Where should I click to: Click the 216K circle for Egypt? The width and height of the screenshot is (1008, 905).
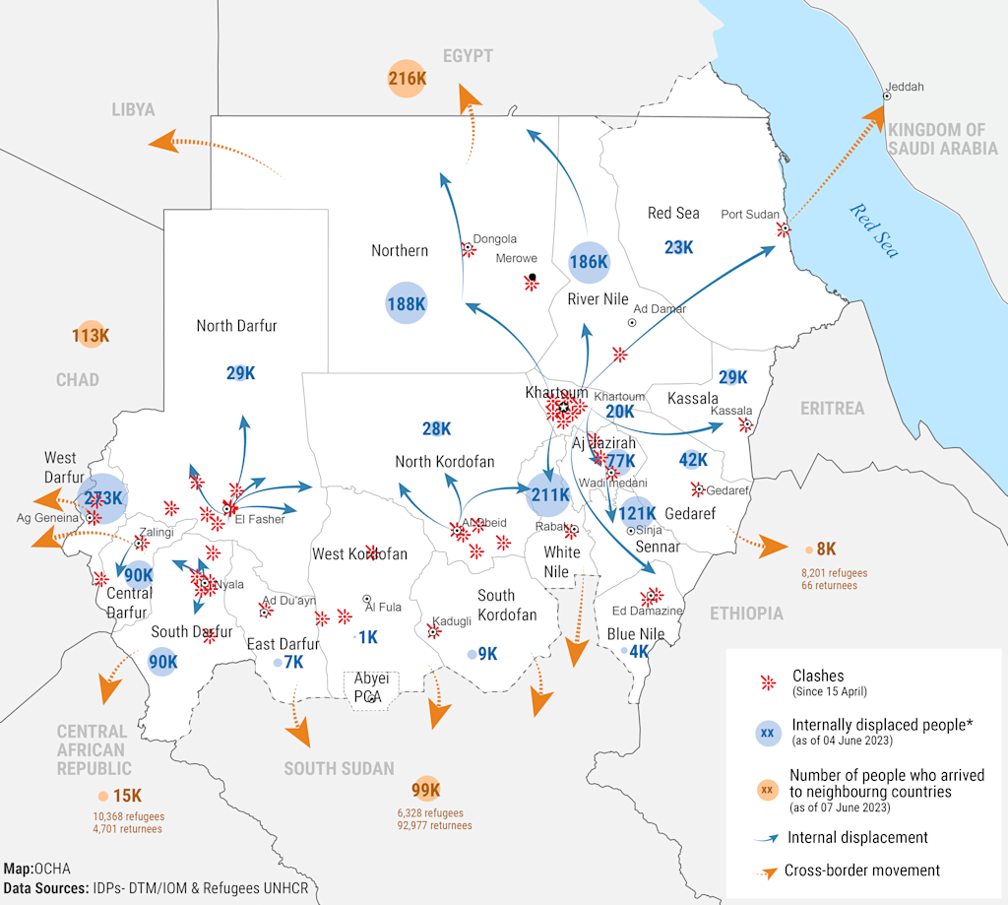pos(407,78)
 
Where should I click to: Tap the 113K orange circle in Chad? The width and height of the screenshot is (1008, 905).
pos(90,336)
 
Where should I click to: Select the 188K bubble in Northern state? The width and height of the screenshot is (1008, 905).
pos(406,304)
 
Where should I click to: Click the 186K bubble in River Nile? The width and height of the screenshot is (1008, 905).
pos(589,262)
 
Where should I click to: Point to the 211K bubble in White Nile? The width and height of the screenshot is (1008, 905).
pos(549,494)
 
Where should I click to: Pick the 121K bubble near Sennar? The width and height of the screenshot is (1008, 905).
pos(638,513)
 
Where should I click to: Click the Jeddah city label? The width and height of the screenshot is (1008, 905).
pos(905,87)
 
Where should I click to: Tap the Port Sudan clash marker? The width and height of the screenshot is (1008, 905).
pos(784,229)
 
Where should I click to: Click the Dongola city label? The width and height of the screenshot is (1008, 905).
pos(494,239)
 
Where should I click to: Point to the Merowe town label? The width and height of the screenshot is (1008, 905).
pos(516,259)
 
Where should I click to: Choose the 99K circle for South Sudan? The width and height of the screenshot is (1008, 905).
pos(425,790)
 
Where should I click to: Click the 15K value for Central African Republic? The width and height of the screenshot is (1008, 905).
pos(127,796)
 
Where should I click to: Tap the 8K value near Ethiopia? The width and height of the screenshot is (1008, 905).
pos(826,549)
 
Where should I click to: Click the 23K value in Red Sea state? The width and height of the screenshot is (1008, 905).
pos(678,247)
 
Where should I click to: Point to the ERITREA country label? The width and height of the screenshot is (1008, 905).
pos(832,408)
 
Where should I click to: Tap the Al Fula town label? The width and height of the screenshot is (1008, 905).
pos(383,608)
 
